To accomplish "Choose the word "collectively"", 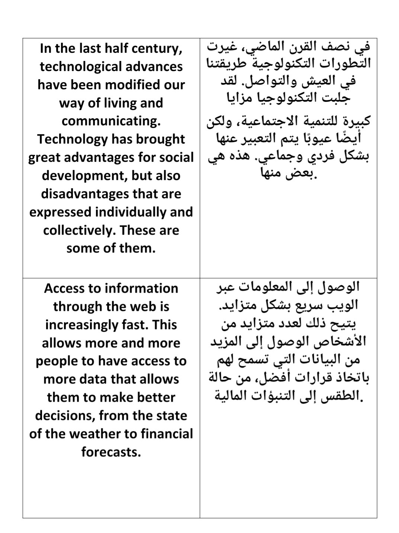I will (79, 230).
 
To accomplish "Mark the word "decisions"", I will (65, 415).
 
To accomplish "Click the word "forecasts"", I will (111, 452).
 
